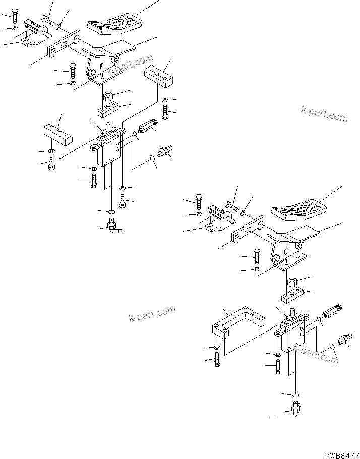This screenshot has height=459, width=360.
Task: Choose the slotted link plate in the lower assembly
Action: coord(248,230)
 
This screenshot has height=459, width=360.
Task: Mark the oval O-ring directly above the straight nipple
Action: coord(295,394)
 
